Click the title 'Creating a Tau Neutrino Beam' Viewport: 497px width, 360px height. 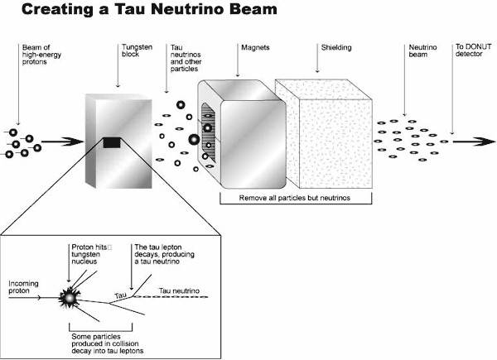(x=149, y=9)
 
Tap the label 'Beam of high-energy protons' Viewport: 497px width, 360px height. (x=41, y=55)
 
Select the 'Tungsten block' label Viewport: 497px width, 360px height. (x=137, y=50)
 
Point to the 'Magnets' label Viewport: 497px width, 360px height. (x=255, y=47)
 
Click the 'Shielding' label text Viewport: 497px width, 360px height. (x=336, y=47)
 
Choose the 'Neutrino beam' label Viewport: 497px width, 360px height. (x=422, y=50)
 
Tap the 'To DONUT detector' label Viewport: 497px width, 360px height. (x=474, y=50)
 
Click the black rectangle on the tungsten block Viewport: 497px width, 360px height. (x=112, y=143)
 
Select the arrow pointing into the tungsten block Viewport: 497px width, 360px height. (x=62, y=142)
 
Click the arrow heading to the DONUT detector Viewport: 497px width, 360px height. (x=474, y=142)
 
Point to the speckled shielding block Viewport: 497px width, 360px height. (x=324, y=134)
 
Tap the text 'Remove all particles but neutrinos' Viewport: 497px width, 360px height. (x=294, y=198)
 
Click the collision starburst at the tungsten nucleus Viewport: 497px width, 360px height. (x=69, y=298)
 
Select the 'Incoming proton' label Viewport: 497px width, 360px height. (x=23, y=287)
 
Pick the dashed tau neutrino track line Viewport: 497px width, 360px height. (x=170, y=296)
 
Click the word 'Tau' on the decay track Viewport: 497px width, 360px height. (x=120, y=296)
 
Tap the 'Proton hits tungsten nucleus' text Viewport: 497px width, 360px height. (x=91, y=254)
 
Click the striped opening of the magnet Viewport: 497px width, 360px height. (x=208, y=132)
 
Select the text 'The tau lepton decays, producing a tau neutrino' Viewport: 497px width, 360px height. (x=164, y=254)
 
